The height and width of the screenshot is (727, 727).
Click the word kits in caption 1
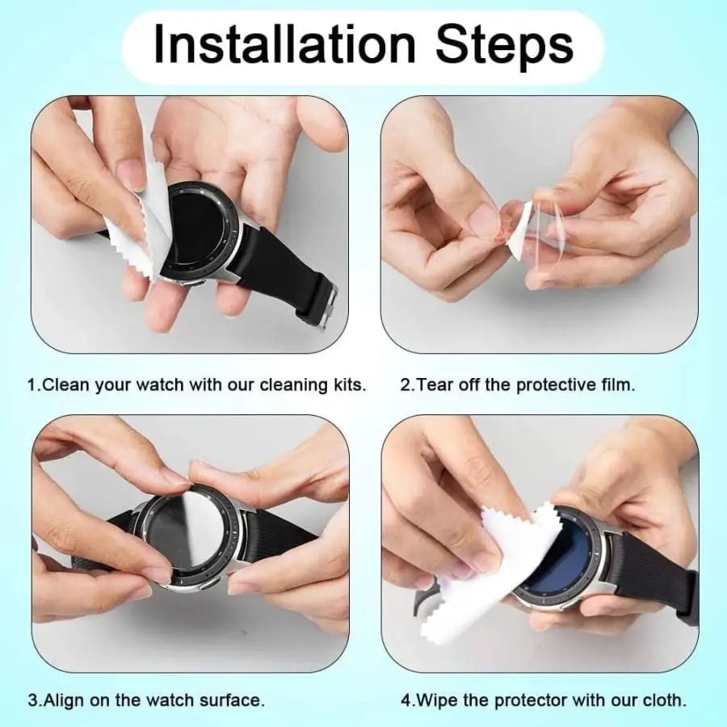[348, 385]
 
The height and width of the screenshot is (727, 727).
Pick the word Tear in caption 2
[434, 385]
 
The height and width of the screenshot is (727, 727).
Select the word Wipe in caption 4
[436, 699]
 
